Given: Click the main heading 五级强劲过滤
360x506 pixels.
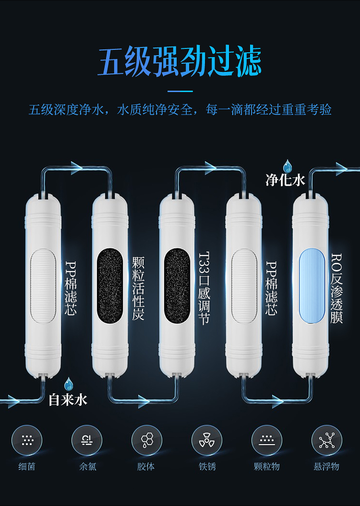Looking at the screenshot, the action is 180,61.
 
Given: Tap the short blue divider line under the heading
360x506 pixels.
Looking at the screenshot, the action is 180,91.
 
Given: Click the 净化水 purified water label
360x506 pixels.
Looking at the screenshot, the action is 285,180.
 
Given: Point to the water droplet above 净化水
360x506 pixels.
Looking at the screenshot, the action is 287,166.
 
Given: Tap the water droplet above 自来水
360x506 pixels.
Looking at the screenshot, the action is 69,384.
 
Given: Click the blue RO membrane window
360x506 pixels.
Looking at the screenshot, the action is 312,286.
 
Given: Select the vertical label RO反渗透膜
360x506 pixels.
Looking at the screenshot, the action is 336,288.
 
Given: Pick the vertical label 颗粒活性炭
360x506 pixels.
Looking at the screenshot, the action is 138,289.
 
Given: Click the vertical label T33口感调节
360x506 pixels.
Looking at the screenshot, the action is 204,288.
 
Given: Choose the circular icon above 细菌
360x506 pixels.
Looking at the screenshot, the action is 27,440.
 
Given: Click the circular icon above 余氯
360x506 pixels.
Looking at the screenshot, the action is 87,440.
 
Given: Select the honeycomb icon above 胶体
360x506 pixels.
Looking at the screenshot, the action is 147,440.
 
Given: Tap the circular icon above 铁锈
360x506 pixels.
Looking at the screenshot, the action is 207,440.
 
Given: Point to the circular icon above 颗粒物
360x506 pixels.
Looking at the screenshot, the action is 267,440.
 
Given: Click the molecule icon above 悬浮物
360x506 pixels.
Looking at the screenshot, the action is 327,440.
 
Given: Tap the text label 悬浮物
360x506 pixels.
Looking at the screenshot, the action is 326,467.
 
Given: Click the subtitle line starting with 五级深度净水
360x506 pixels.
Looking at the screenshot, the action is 180,110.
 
